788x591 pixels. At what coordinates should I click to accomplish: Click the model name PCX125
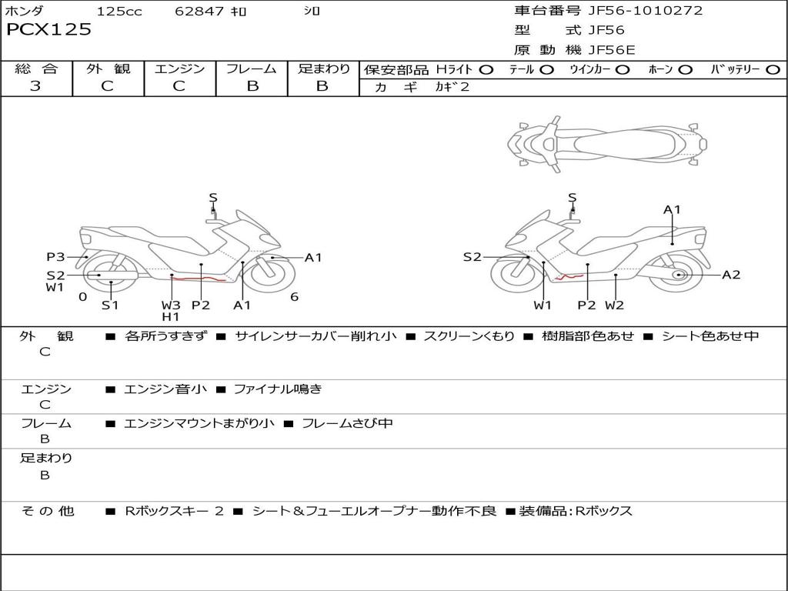coord(48,30)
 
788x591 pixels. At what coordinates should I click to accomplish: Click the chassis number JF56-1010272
coord(634,11)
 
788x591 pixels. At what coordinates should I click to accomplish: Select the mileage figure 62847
coord(199,12)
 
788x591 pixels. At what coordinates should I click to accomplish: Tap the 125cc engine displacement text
coord(119,12)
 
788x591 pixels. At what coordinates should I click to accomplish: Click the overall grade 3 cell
coord(35,86)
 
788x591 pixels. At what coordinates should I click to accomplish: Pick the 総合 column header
coord(36,69)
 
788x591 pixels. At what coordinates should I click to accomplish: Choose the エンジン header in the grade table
coord(180,69)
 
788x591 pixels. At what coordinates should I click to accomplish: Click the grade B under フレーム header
coord(252,86)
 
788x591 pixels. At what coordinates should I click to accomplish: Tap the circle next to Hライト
coord(486,70)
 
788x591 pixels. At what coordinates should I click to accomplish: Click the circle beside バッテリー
coord(773,70)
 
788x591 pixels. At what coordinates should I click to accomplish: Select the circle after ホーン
coord(685,70)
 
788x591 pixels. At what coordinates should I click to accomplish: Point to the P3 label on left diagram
coord(55,257)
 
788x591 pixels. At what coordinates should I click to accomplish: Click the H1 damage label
coord(171,316)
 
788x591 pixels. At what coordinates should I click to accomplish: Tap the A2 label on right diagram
coord(731,275)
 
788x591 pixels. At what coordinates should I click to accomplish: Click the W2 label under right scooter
coord(614,306)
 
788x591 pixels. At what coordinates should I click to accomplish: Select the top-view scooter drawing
coord(606,142)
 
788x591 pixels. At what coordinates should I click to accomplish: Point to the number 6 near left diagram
coord(294,297)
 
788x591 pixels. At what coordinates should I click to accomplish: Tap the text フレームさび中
coord(347,423)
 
